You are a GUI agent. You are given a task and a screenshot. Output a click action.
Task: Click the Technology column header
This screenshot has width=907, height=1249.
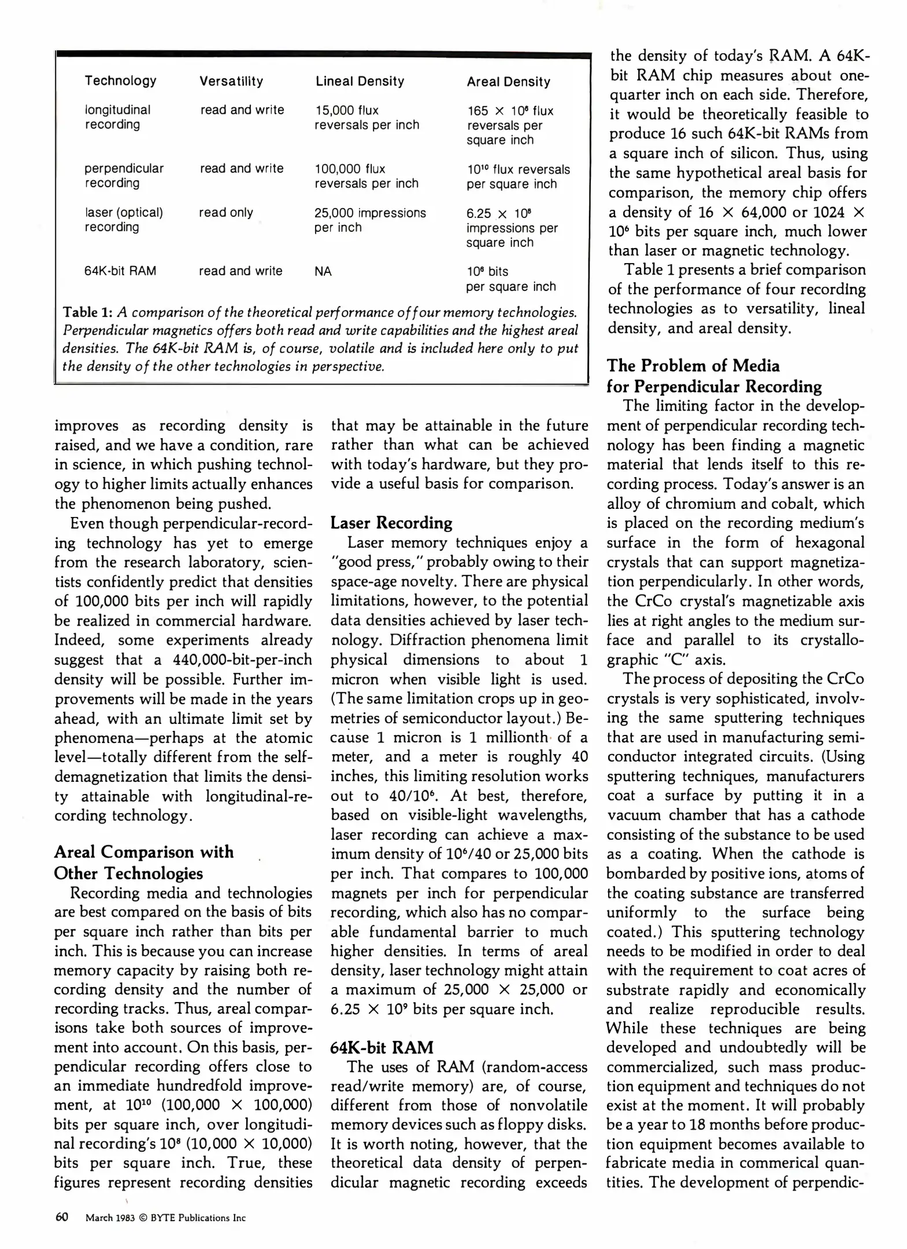coord(120,80)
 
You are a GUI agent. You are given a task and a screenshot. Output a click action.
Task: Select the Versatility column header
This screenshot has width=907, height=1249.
coord(231,81)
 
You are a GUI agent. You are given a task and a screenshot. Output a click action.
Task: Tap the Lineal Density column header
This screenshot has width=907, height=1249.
coord(360,81)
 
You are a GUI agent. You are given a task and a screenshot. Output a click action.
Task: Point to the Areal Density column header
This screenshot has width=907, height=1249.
coord(508,82)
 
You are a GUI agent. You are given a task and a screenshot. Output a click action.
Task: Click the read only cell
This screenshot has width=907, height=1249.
coord(226,212)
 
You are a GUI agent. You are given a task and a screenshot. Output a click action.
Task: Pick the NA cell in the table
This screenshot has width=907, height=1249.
coord(323,271)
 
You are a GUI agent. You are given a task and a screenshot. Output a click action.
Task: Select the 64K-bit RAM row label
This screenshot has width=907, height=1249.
coord(120,271)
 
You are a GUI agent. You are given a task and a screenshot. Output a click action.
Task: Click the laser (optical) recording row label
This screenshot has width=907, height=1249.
coord(124,219)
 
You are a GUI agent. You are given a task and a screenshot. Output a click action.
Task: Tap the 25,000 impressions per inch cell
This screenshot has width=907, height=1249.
coord(370,220)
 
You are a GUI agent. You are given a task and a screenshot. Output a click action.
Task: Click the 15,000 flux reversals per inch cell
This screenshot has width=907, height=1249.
coord(366,117)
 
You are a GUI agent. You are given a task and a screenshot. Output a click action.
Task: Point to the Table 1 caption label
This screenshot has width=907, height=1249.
coord(87,312)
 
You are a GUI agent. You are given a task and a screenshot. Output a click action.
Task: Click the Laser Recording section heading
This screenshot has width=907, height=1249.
coord(391,523)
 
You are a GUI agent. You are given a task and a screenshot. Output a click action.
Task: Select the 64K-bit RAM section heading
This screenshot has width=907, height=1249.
coord(382,1047)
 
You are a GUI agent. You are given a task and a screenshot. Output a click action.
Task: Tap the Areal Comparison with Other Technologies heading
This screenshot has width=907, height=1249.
coord(145,862)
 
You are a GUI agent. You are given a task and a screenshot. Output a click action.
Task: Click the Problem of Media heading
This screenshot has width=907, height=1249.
coord(714,376)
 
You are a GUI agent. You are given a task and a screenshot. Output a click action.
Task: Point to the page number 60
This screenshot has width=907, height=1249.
coord(62,1217)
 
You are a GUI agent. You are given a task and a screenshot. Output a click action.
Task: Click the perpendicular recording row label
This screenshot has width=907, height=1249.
coord(124,175)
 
